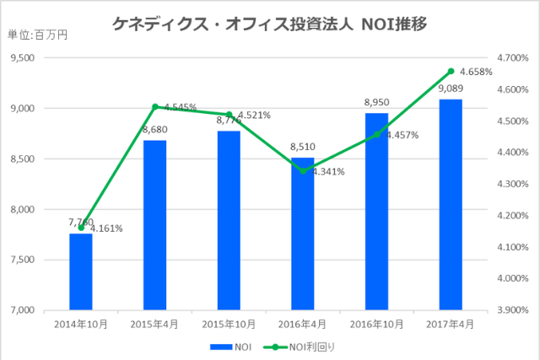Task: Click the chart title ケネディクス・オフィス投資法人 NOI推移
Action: click(x=269, y=24)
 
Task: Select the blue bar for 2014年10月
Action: click(x=81, y=271)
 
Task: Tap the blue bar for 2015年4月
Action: click(x=154, y=225)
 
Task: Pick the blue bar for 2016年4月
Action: click(x=302, y=234)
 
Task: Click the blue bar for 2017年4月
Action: click(x=451, y=204)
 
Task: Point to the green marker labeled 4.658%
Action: click(x=451, y=71)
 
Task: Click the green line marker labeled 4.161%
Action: click(x=81, y=227)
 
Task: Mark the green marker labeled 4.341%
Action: click(x=302, y=170)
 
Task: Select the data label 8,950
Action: click(x=376, y=103)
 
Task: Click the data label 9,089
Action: click(x=451, y=89)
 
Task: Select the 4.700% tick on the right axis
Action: click(x=512, y=58)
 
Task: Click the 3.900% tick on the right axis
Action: click(x=512, y=310)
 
